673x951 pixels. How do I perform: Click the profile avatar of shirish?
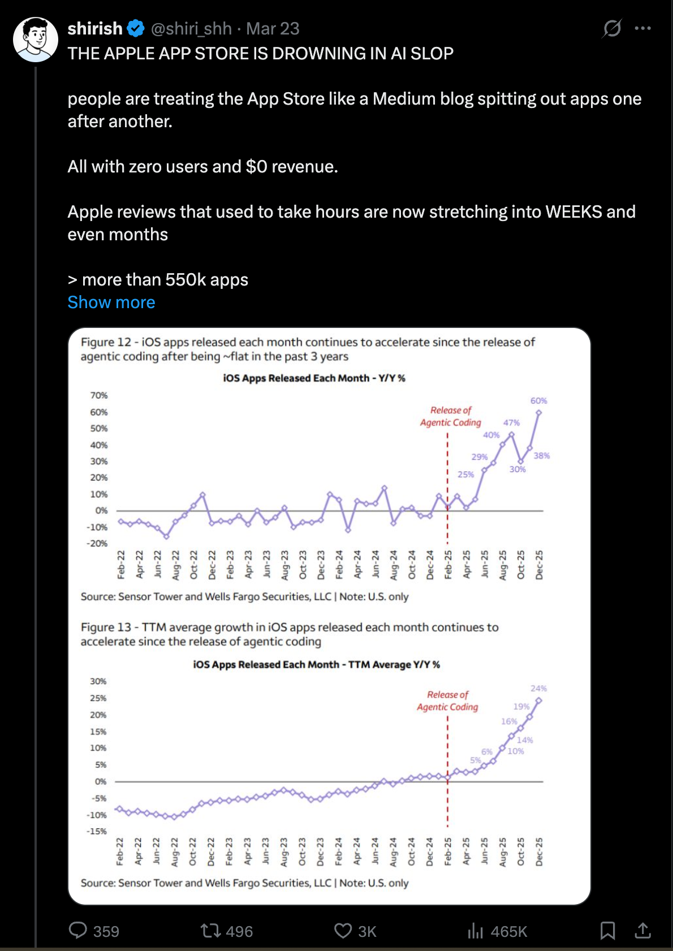[x=36, y=39]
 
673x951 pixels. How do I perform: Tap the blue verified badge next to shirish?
[x=136, y=28]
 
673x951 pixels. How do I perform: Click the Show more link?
[x=111, y=302]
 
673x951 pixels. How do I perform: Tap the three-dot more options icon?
[x=642, y=28]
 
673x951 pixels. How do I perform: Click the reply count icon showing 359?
[x=78, y=930]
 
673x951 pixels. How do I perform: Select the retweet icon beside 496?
[x=211, y=930]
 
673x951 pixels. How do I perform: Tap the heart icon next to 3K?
[x=343, y=930]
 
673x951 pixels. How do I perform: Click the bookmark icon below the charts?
[x=607, y=930]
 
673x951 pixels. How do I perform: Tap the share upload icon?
[x=642, y=930]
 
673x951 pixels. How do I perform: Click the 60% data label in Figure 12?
[x=538, y=401]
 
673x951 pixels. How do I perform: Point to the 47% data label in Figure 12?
[x=511, y=423]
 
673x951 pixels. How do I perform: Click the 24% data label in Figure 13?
[x=538, y=689]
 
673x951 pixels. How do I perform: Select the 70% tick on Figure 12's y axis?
[x=99, y=395]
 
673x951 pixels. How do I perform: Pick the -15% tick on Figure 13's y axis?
[x=97, y=831]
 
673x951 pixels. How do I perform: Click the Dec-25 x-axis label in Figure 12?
[x=539, y=564]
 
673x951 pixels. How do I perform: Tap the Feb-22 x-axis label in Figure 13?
[x=120, y=851]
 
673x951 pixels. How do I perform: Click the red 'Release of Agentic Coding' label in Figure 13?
[x=447, y=701]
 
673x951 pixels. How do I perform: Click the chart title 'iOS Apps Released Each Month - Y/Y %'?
[x=314, y=378]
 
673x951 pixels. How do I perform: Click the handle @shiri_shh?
[x=191, y=28]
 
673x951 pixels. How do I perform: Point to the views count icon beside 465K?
[x=475, y=930]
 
